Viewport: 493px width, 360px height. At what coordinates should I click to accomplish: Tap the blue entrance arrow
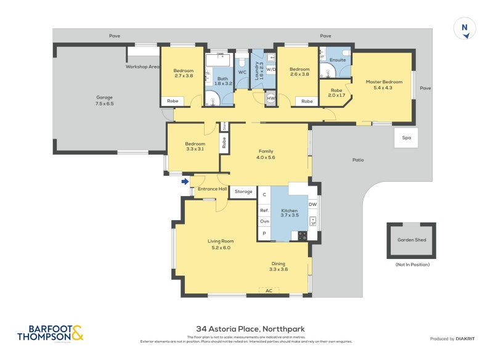point(185,181)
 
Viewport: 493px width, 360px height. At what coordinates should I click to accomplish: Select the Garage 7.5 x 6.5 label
point(105,100)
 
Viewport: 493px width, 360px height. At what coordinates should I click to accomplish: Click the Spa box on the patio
point(406,137)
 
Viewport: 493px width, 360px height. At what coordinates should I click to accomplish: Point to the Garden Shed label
point(412,240)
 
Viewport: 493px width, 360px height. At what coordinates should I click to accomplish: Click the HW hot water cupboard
point(271,98)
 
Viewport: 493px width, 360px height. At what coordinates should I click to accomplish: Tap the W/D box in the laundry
point(271,70)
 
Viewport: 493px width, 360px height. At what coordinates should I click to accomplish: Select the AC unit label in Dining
point(269,290)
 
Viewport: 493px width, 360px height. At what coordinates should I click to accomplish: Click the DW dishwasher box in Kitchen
point(312,204)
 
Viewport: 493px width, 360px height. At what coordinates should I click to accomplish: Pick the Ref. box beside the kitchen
point(264,210)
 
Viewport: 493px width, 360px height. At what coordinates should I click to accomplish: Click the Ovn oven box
point(264,221)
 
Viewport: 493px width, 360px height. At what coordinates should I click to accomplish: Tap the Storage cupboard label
point(243,192)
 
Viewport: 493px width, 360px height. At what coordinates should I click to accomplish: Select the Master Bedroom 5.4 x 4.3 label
point(383,84)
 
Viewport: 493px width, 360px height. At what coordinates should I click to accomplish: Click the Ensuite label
point(338,60)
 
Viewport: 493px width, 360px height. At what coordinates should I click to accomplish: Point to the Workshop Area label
point(142,66)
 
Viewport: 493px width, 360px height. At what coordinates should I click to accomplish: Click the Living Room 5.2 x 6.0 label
point(220,244)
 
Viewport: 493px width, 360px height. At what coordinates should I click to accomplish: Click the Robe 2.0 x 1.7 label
point(336,92)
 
